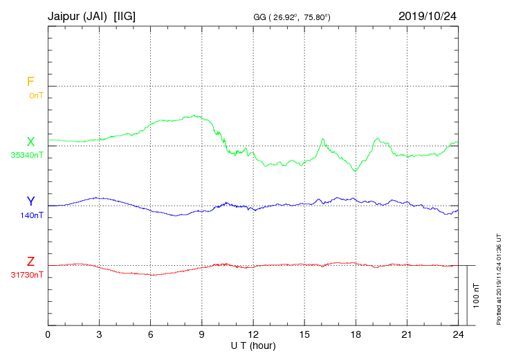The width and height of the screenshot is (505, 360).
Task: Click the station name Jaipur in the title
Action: point(66,15)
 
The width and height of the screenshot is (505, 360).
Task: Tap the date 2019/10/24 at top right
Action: point(428,15)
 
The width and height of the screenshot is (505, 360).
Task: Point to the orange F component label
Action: point(30,82)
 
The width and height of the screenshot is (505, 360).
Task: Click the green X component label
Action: point(30,142)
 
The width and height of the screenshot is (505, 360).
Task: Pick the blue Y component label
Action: point(30,201)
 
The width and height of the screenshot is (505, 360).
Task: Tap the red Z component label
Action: point(30,261)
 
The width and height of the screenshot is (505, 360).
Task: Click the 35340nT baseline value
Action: point(27,155)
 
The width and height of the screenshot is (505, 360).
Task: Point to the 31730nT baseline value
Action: point(27,274)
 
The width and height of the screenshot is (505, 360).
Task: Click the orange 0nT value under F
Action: point(35,96)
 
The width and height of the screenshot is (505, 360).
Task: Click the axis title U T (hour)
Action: point(253,345)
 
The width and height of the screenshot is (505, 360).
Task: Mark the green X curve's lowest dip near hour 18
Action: point(356,170)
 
